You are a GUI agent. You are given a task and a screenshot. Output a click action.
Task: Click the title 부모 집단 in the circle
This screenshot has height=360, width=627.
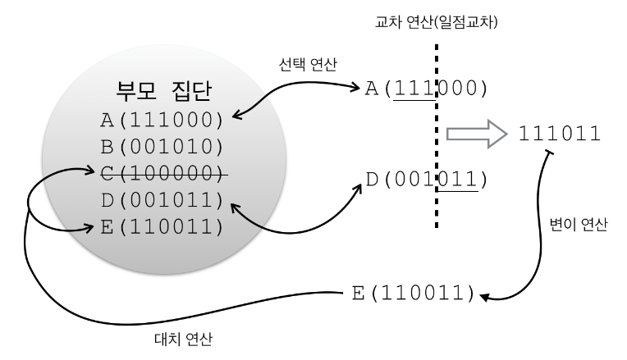162,91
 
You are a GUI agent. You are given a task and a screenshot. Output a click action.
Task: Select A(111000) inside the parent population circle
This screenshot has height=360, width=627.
162,121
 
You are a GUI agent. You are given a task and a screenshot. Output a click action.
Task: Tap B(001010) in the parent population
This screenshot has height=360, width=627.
162,147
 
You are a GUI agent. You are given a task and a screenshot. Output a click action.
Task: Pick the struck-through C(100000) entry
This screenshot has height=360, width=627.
162,174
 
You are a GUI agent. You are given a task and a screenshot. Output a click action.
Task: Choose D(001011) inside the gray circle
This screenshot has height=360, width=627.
162,200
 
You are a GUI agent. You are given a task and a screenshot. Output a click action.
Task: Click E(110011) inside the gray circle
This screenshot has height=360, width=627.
162,226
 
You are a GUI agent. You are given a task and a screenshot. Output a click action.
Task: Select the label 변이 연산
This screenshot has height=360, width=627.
581,226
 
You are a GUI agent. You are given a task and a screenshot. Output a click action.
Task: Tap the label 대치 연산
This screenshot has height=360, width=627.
186,338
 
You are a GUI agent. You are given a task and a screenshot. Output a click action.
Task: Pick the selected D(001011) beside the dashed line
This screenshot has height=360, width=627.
421,178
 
